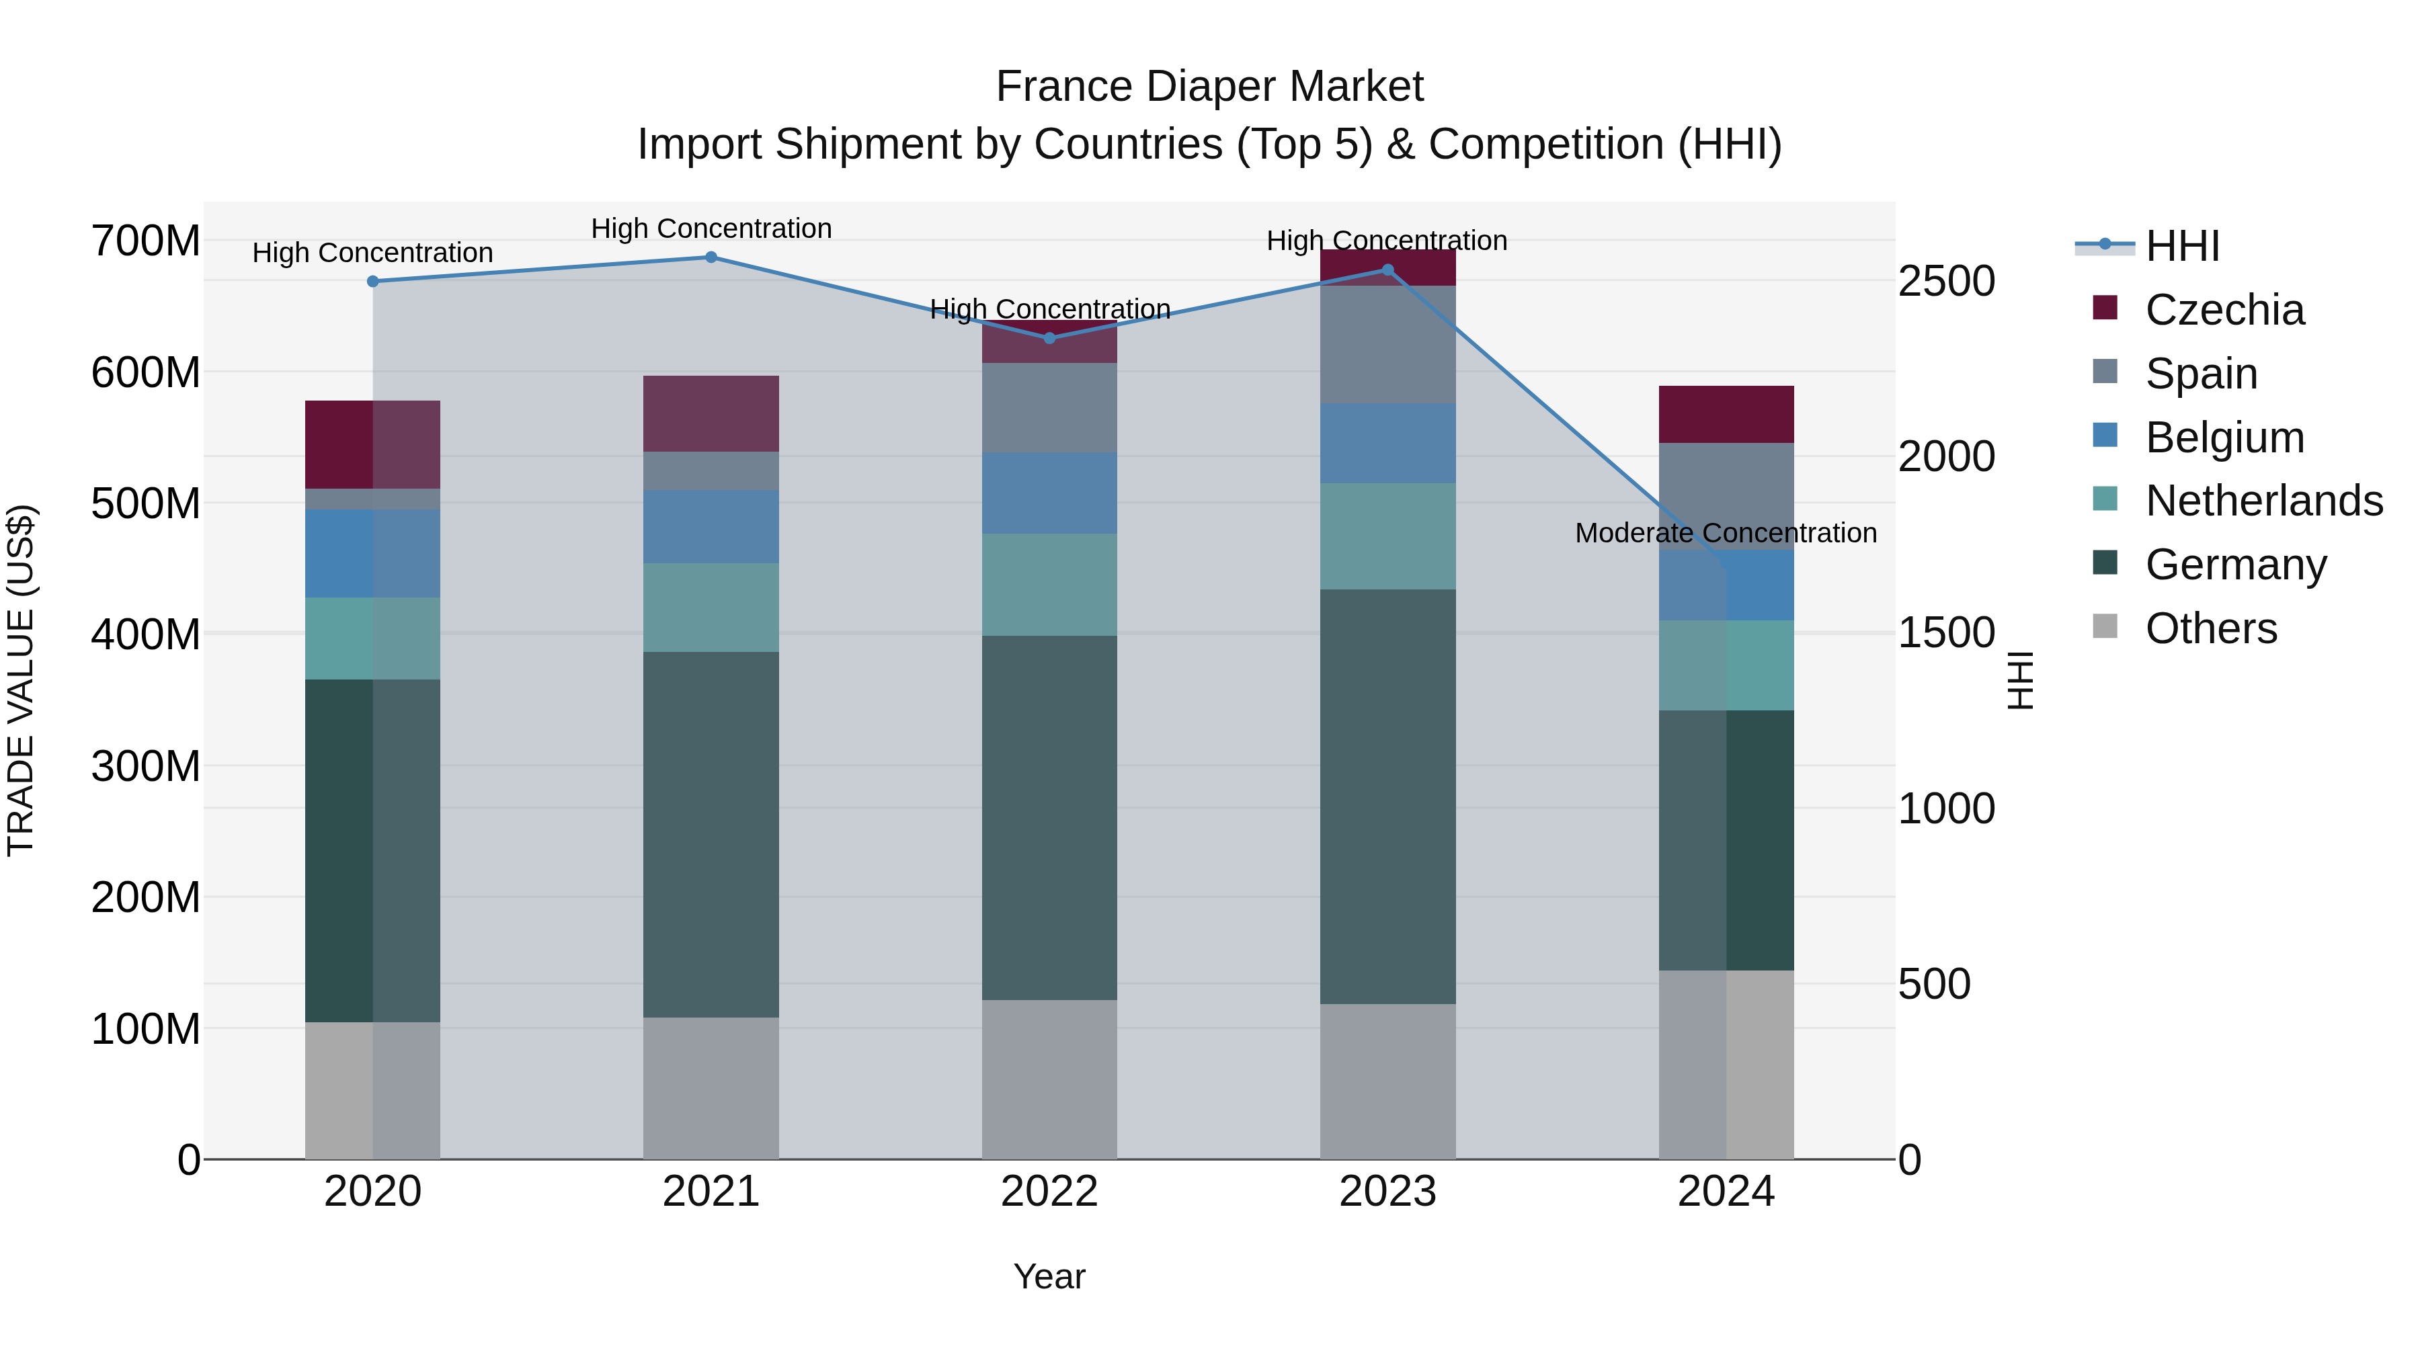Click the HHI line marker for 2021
[711, 257]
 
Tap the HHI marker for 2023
[1387, 270]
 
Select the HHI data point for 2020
[373, 282]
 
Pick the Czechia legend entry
[2224, 310]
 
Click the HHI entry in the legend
[2182, 246]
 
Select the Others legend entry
[2210, 628]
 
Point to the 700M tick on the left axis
[146, 241]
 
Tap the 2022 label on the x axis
[1049, 1192]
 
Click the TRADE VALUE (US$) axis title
[21, 680]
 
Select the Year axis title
[1049, 1276]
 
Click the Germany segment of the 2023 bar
[1387, 796]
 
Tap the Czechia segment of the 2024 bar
[1726, 414]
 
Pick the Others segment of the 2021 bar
[711, 1087]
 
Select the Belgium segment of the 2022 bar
[1049, 493]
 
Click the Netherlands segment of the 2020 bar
[373, 638]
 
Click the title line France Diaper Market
[1209, 87]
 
